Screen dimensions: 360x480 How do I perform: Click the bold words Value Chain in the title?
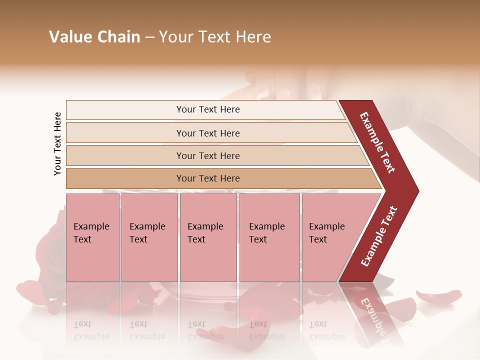[94, 37]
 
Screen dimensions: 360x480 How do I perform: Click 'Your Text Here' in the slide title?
[215, 37]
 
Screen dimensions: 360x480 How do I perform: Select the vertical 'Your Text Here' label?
[57, 143]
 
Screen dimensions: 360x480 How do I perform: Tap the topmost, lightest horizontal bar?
[207, 109]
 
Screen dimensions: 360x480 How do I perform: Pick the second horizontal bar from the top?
[207, 133]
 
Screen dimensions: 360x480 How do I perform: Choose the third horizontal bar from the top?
[207, 155]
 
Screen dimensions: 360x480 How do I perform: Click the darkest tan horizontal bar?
[207, 178]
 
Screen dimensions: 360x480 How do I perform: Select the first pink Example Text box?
[92, 237]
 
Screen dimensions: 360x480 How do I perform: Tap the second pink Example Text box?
[149, 237]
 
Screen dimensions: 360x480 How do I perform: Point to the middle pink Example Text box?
[208, 237]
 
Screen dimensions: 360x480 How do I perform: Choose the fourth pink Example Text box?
[269, 237]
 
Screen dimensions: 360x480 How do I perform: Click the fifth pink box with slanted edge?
[330, 237]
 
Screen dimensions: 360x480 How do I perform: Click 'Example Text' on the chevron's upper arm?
[377, 142]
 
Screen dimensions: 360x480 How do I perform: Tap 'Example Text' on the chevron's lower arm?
[379, 236]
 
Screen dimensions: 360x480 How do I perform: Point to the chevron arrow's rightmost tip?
[417, 190]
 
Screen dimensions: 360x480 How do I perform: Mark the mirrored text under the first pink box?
[91, 330]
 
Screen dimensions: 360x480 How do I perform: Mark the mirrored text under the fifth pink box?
[327, 330]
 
